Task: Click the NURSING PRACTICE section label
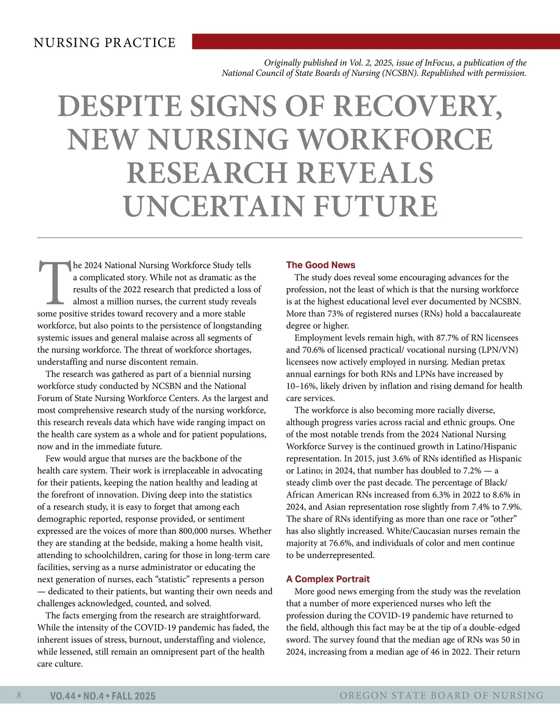click(105, 43)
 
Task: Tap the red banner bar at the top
click(376, 41)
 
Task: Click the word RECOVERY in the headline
click(419, 106)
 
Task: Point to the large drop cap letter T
click(54, 282)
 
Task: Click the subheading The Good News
click(321, 265)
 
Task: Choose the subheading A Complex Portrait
click(328, 579)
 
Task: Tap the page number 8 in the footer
click(19, 695)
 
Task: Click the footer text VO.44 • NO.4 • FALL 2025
click(103, 696)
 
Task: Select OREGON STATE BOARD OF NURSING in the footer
click(441, 696)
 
